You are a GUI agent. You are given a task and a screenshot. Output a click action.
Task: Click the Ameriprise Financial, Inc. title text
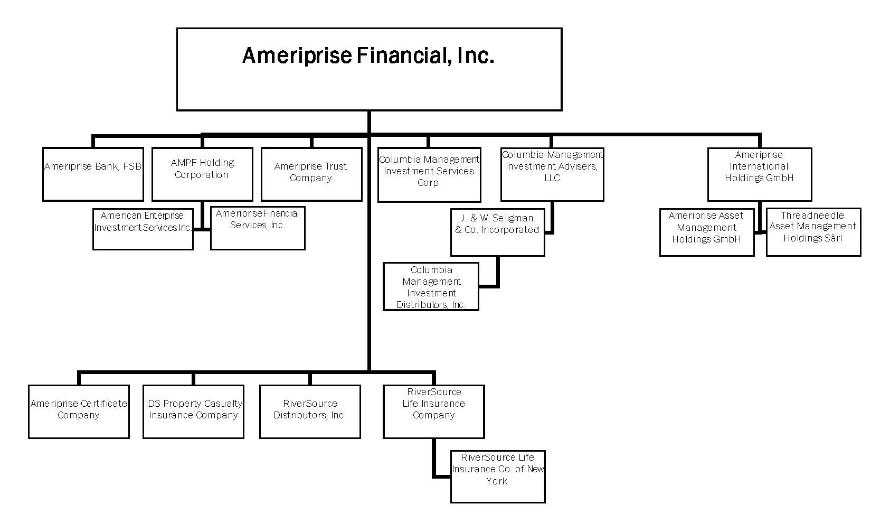click(368, 55)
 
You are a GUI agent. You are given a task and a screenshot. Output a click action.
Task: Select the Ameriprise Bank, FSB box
click(93, 174)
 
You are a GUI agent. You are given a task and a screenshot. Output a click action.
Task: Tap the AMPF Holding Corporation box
click(202, 174)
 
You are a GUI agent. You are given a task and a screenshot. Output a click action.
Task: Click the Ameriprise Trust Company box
click(311, 174)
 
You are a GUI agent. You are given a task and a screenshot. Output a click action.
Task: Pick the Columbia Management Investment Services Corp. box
click(429, 175)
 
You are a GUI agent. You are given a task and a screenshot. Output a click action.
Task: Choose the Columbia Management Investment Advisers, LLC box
click(552, 174)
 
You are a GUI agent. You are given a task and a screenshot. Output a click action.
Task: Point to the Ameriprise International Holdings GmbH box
click(759, 174)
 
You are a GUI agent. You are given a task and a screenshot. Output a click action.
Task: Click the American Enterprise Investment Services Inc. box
click(143, 229)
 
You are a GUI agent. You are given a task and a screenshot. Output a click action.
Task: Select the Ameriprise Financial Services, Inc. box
click(258, 228)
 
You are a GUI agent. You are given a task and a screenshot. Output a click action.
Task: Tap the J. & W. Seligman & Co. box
click(497, 232)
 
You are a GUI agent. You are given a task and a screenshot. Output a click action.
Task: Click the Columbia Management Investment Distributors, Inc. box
click(431, 287)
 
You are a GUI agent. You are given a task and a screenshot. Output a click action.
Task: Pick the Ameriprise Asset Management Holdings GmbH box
click(706, 232)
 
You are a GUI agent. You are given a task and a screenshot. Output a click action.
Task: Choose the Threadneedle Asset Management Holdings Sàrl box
click(813, 232)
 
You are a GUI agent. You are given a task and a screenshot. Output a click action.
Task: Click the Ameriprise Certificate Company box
click(79, 412)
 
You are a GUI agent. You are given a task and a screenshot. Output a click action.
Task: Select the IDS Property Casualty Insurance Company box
click(193, 412)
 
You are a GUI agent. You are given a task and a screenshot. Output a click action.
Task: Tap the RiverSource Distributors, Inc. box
click(310, 412)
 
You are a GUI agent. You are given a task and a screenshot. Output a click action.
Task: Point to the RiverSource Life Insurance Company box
click(433, 412)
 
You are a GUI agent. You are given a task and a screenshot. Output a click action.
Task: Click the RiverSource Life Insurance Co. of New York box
click(497, 477)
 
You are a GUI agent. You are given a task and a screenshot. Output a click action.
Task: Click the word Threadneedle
click(812, 216)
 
